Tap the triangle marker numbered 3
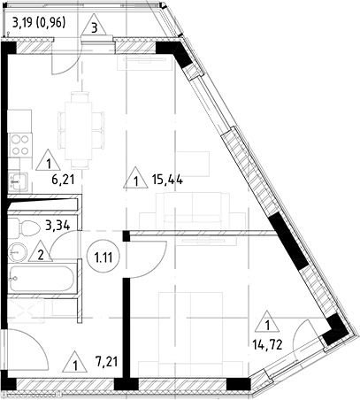point(95,27)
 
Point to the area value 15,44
point(168,181)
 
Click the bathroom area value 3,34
point(57,224)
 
